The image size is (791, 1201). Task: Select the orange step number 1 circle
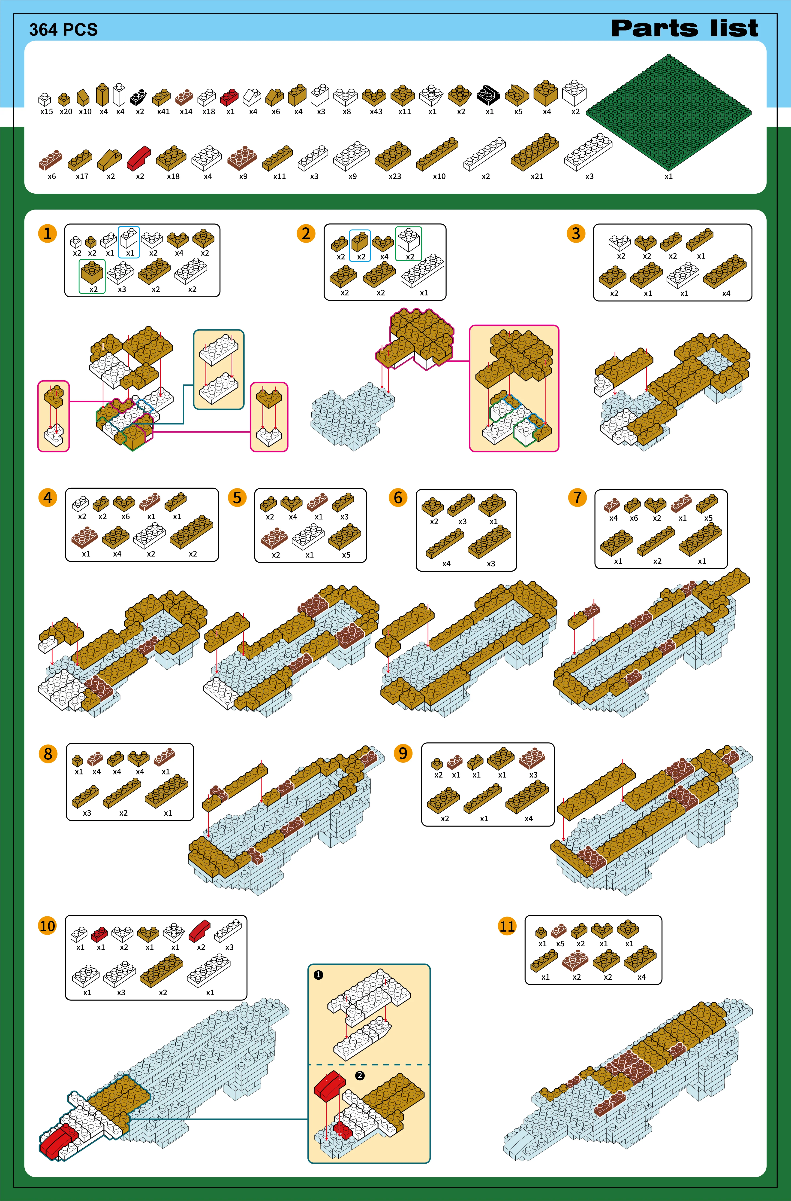tap(47, 234)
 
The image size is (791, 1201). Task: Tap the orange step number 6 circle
tap(398, 498)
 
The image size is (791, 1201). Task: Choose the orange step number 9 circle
tap(403, 753)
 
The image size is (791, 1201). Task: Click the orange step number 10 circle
tap(47, 926)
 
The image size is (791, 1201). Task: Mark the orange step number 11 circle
tap(507, 926)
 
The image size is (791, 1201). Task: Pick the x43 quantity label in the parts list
tap(376, 112)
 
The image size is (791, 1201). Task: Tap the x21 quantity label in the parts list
tap(537, 176)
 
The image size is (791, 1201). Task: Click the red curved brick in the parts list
tap(139, 158)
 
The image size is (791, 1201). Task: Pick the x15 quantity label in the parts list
tap(46, 112)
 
